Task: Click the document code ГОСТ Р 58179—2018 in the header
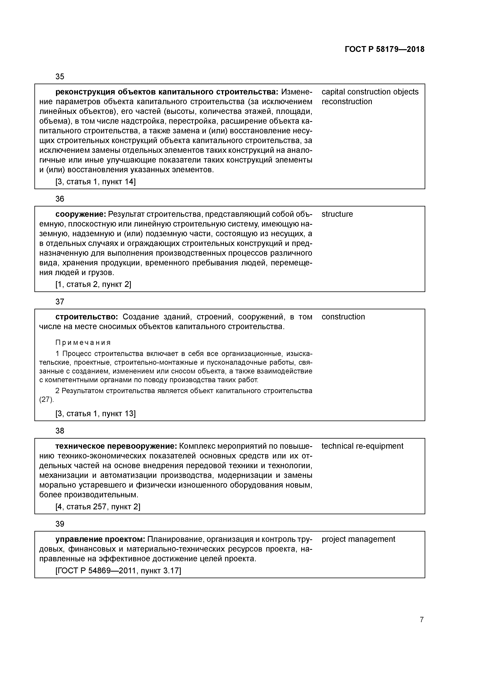[385, 49]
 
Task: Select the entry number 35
[60, 77]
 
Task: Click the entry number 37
[60, 302]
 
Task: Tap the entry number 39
[60, 524]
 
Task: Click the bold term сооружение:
[81, 214]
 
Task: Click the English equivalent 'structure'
[337, 214]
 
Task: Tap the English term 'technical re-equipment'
[362, 446]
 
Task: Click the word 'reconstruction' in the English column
[347, 102]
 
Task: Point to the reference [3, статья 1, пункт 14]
[95, 182]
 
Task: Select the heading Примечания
[83, 343]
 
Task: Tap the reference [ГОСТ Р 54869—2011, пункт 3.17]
[118, 571]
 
